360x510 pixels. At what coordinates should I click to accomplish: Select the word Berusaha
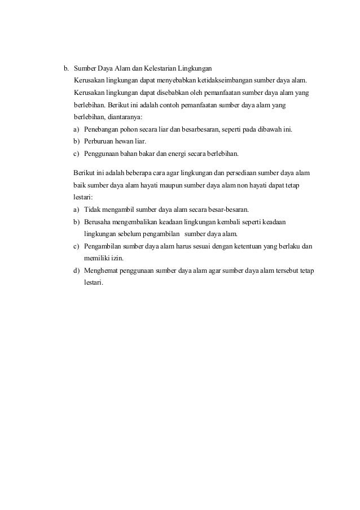click(x=98, y=221)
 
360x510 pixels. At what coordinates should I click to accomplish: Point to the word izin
click(x=116, y=258)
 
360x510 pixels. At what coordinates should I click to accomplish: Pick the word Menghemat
click(x=102, y=271)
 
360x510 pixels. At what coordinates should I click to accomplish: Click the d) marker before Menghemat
click(x=76, y=271)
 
